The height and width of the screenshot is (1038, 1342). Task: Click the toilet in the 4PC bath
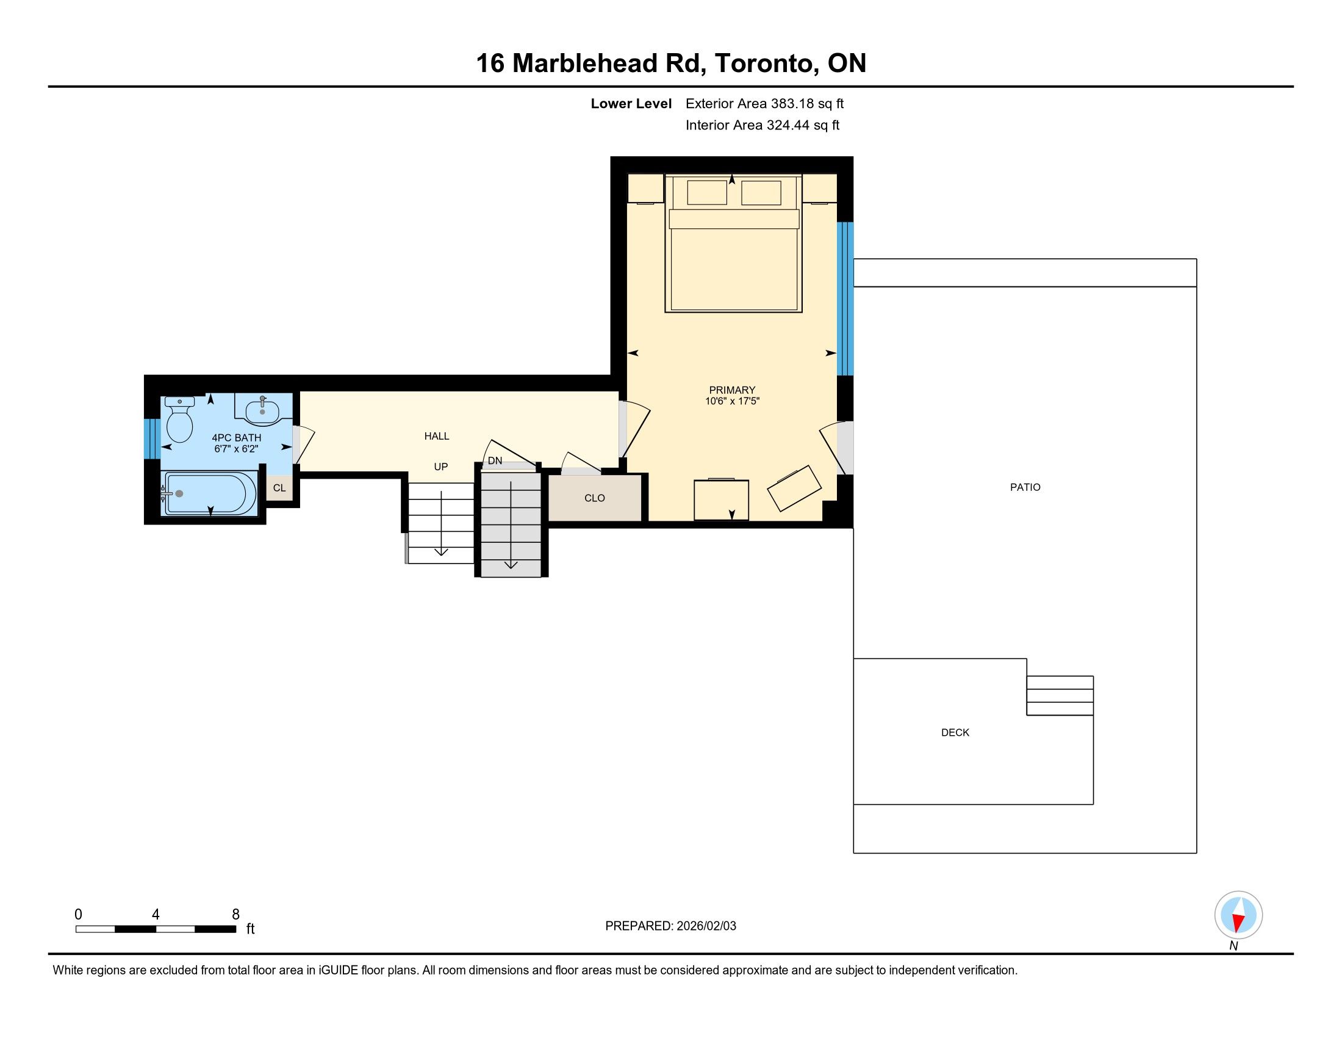179,420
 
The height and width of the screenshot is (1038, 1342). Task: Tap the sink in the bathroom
263,410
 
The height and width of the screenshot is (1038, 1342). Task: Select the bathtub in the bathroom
209,493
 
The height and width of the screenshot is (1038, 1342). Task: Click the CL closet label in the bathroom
279,488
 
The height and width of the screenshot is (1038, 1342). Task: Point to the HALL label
437,436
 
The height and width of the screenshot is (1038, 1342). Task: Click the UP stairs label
440,466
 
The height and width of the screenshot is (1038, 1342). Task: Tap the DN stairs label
495,460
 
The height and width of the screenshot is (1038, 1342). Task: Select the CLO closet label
595,498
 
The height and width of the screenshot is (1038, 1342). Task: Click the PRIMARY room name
732,390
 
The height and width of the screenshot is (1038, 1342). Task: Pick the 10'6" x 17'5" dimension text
732,402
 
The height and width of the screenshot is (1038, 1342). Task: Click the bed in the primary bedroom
734,244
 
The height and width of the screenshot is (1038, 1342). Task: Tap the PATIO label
1025,487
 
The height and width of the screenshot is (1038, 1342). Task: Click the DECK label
955,732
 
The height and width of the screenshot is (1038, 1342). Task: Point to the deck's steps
1060,695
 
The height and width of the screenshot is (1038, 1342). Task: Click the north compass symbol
1238,916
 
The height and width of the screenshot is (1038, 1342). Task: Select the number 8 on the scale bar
236,915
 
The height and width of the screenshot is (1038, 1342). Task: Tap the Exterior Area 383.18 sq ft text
765,103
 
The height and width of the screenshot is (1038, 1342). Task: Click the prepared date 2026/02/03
706,926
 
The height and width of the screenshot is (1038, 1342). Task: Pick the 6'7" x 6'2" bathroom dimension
236,449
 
